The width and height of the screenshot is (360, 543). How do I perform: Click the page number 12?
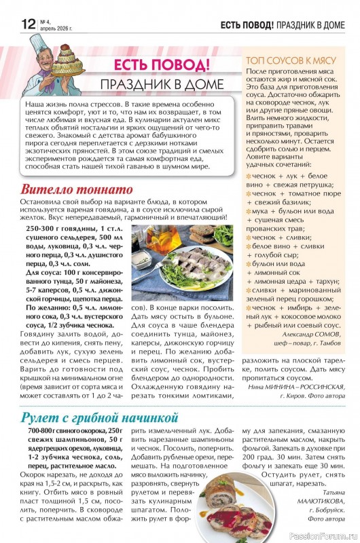tap(27, 24)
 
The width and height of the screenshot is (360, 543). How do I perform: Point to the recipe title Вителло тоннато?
tap(76, 189)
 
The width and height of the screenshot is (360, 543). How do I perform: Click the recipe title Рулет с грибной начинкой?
tap(99, 417)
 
